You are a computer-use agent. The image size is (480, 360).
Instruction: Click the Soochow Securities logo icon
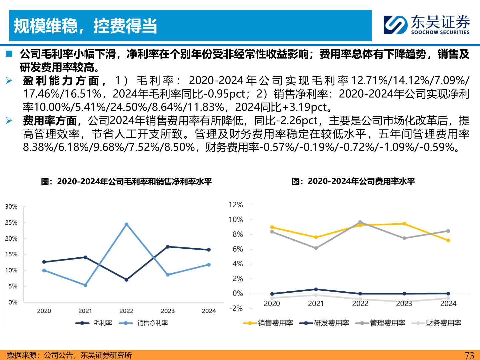[395, 25]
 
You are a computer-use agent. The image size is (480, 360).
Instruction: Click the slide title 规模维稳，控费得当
[85, 26]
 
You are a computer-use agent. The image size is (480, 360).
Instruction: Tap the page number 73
[469, 355]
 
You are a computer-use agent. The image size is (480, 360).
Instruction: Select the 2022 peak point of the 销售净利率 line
[126, 224]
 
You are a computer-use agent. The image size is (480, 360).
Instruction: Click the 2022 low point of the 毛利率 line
[126, 280]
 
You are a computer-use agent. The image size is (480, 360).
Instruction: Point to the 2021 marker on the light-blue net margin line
[85, 285]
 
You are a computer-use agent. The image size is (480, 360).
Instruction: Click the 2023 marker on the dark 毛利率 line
[168, 247]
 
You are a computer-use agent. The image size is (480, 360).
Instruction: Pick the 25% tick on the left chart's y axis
[11, 223]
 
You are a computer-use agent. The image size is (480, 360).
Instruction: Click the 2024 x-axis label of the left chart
[209, 311]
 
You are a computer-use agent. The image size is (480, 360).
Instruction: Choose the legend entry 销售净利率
[152, 323]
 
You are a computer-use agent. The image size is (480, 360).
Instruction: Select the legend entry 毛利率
[103, 323]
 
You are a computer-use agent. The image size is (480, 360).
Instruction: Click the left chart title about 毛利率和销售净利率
[126, 182]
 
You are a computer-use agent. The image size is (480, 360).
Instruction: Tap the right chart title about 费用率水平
[353, 181]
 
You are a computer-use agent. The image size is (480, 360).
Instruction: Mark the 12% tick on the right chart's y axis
[236, 205]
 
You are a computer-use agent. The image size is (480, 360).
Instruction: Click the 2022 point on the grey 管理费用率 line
[360, 222]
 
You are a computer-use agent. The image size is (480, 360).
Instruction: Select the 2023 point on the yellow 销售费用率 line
[404, 224]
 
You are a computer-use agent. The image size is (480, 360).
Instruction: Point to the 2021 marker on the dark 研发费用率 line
[316, 289]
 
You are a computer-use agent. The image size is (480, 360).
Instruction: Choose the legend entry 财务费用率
[443, 323]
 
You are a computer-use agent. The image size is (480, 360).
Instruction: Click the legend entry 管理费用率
[387, 323]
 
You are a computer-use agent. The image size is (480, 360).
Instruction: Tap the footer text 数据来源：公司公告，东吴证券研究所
[69, 355]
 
